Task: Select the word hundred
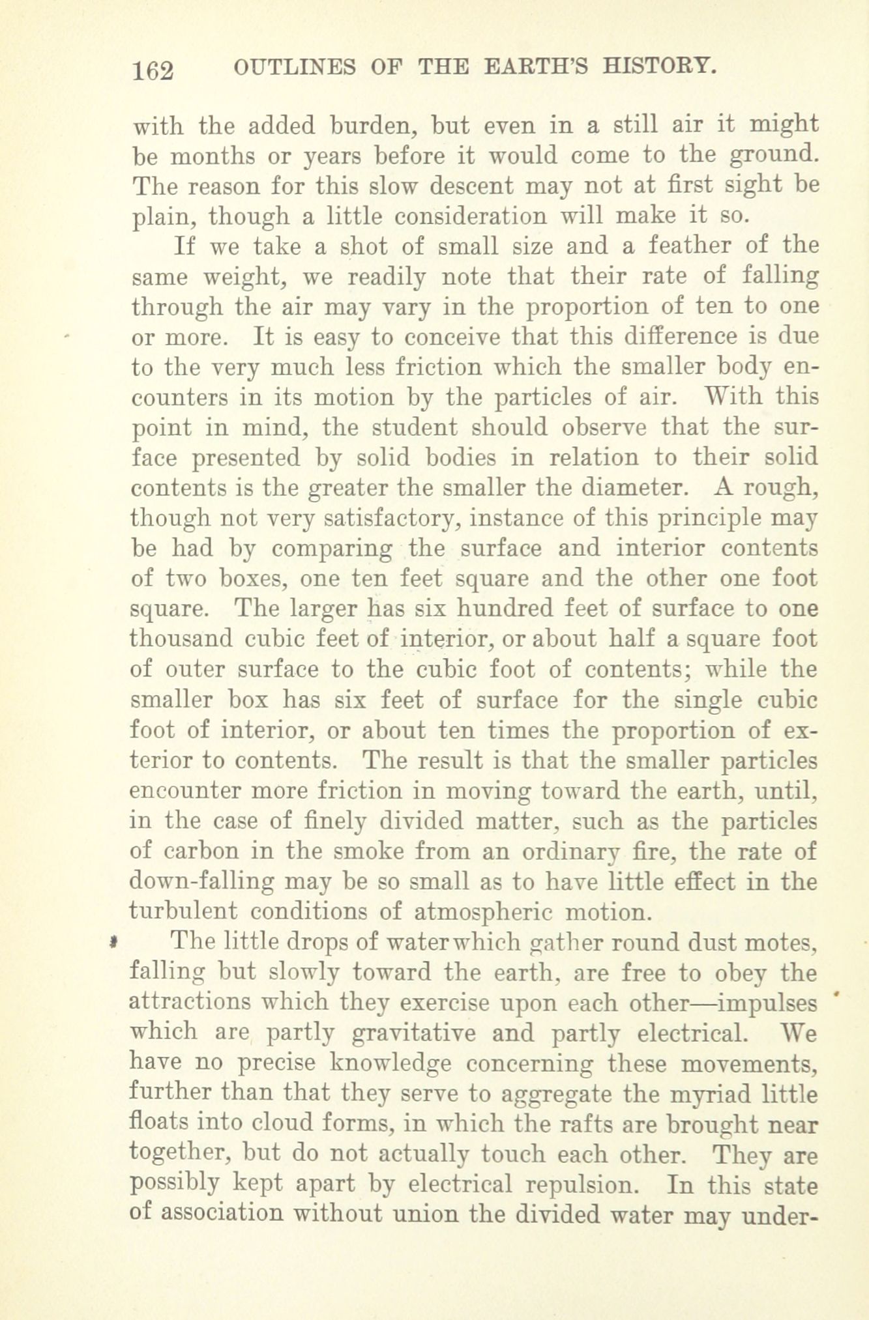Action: (505, 609)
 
